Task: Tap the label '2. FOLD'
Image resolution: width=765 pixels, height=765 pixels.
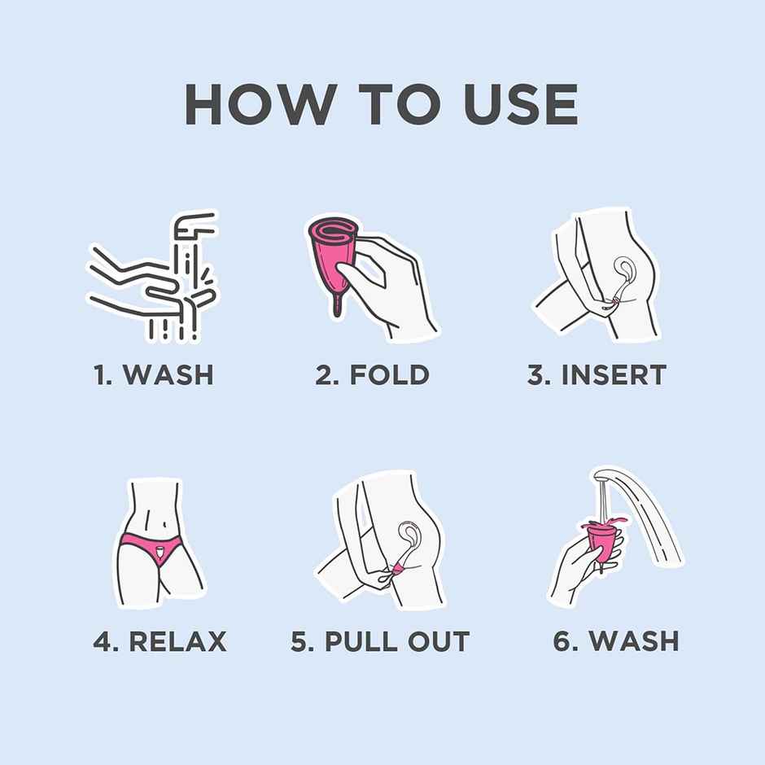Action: (x=372, y=375)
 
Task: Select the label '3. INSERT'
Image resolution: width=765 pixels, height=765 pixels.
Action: (x=597, y=375)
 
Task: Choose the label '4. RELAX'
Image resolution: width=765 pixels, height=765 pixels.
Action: (x=160, y=641)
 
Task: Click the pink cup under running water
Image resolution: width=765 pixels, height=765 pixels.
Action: (x=604, y=539)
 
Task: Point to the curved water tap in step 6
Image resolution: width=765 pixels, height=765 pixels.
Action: (x=643, y=513)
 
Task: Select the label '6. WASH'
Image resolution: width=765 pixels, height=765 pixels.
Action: (x=615, y=641)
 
